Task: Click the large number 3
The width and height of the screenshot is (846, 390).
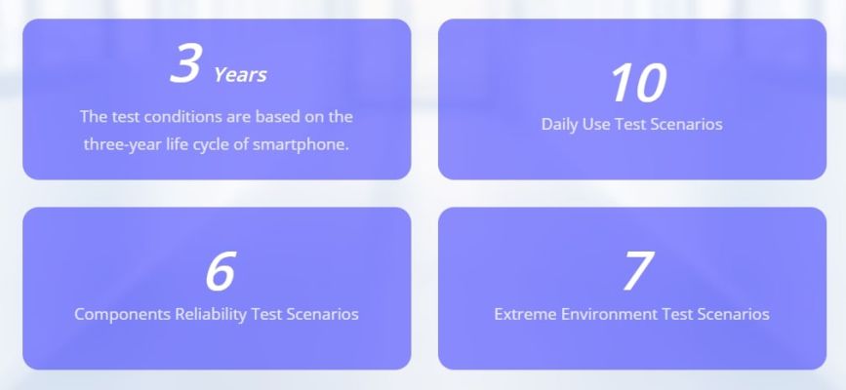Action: pos(186,63)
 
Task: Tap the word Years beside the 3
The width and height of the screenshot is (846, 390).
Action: pos(240,75)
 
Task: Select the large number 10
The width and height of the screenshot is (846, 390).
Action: pos(638,83)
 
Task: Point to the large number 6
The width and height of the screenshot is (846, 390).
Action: pos(221,271)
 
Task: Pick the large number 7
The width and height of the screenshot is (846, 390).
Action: pos(638,271)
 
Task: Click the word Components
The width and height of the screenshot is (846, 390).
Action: pos(122,314)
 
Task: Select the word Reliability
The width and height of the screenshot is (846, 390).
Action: pos(211,314)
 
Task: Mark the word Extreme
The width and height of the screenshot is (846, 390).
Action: pos(525,314)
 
